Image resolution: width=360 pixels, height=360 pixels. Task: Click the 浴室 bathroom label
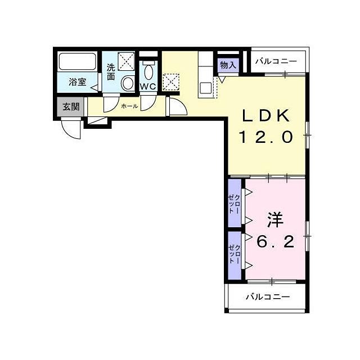pyautogui.click(x=77, y=82)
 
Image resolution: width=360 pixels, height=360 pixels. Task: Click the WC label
pyautogui.click(x=148, y=87)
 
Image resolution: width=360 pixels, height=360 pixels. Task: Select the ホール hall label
pyautogui.click(x=129, y=105)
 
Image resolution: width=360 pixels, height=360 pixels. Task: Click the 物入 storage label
pyautogui.click(x=228, y=66)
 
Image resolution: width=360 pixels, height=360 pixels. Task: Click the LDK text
pyautogui.click(x=267, y=115)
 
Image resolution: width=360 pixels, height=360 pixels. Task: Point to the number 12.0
pyautogui.click(x=267, y=137)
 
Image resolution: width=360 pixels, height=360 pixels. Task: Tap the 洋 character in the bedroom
pyautogui.click(x=274, y=220)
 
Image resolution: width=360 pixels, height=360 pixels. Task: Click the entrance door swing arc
pyautogui.click(x=71, y=130)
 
